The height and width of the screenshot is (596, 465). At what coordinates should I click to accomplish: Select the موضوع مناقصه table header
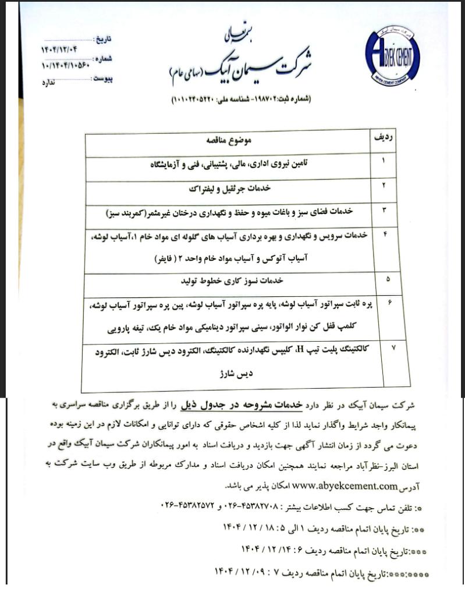pos(228,141)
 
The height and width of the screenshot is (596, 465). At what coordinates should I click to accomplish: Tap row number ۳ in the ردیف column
pos(384,210)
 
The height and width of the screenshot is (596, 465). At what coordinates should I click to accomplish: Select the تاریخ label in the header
pos(102,40)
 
